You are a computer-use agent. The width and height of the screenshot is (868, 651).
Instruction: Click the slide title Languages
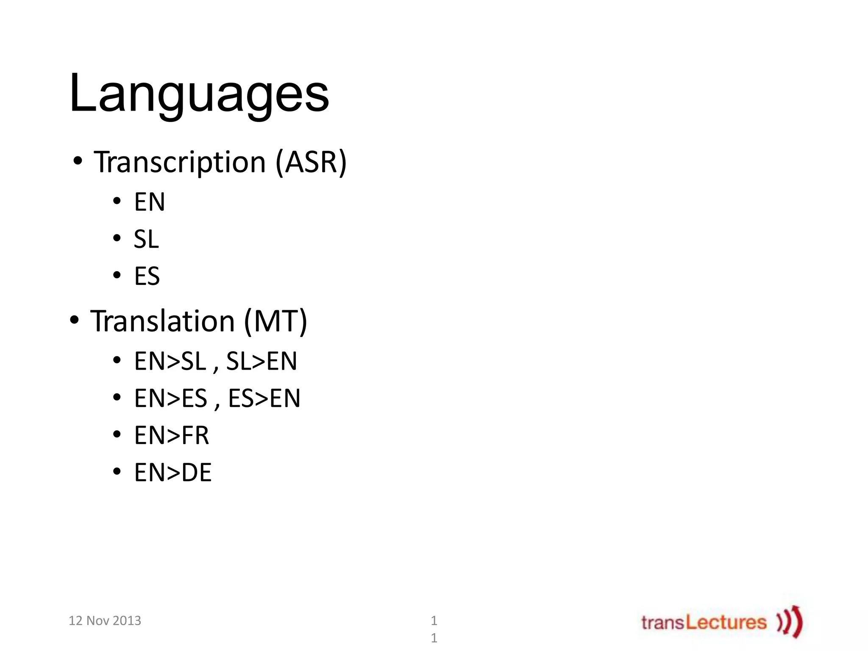pos(199,94)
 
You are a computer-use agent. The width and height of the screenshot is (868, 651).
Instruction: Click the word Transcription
pos(180,162)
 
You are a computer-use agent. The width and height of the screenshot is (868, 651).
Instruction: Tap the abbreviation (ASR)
pos(311,162)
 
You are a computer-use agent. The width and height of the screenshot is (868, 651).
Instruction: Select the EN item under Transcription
pos(149,202)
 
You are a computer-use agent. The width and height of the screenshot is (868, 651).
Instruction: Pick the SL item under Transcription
pos(146,239)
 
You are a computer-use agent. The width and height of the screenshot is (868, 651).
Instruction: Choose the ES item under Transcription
pos(147,276)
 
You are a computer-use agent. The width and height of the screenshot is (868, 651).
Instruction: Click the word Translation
pos(162,321)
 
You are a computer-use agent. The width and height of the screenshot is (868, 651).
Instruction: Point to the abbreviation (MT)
pos(275,321)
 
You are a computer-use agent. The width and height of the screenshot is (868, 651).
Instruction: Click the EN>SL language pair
pos(170,361)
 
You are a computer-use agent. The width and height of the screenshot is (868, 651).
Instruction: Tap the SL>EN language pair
pos(262,361)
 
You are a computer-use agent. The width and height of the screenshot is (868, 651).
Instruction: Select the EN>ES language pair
pos(170,398)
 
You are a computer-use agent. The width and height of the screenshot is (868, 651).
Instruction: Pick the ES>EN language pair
pos(264,398)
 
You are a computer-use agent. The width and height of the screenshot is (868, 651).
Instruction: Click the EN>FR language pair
pos(172,435)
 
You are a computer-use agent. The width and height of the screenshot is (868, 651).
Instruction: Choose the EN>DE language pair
pos(172,473)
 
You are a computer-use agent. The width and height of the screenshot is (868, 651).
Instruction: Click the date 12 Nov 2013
pos(105,620)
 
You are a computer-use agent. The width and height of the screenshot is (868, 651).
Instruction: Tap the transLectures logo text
pos(704,622)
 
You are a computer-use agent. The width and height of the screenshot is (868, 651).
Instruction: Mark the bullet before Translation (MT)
pos(75,320)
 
